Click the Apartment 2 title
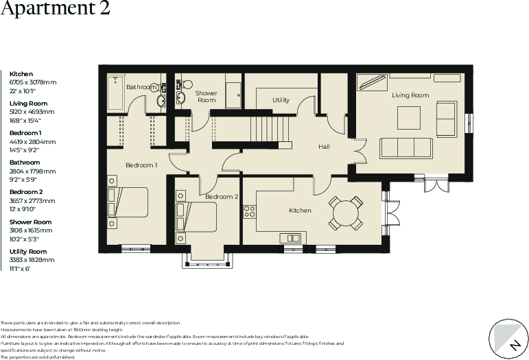[55, 10]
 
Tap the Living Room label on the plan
[410, 95]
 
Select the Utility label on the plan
[281, 100]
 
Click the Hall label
[324, 147]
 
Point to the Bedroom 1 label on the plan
[141, 165]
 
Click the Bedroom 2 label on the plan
[222, 197]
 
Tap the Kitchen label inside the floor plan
[300, 211]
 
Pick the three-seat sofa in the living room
[405, 147]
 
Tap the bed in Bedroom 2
[197, 217]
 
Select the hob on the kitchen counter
[250, 211]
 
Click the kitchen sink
[290, 238]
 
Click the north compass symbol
[509, 339]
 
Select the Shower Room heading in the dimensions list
[30, 222]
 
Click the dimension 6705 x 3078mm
[33, 82]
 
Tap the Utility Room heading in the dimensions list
[30, 252]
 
